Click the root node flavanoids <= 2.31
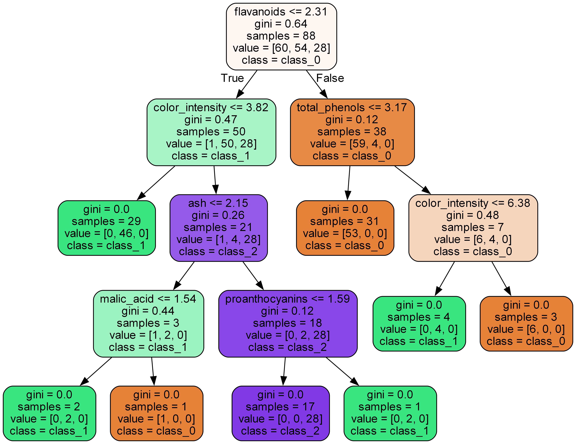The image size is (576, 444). [281, 36]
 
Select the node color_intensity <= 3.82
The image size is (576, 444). [211, 132]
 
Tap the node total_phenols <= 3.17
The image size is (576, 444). [352, 132]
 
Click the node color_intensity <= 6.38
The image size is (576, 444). [473, 228]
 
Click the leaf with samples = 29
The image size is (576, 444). [107, 228]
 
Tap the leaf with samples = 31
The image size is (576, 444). [345, 228]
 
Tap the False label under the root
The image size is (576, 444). [330, 78]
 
